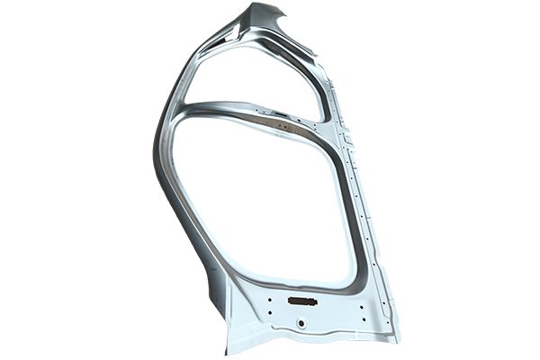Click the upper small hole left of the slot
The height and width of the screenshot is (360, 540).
(271, 294)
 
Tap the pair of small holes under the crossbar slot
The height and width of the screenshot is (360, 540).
(286, 127)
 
